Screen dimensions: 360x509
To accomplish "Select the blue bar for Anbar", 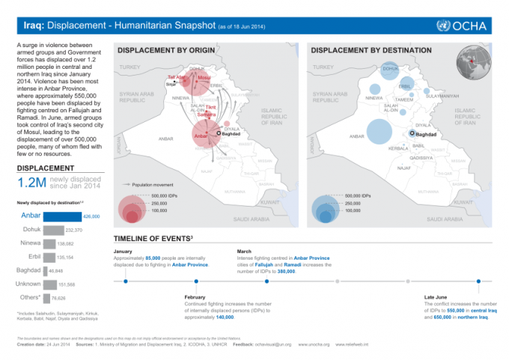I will (x=63, y=216).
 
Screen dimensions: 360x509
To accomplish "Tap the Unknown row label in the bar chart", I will (x=28, y=284).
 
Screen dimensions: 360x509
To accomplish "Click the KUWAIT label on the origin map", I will (x=269, y=202).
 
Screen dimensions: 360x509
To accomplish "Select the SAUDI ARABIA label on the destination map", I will (x=444, y=219).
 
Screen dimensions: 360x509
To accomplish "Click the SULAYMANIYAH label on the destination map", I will (x=442, y=96).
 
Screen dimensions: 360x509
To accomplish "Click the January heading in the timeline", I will (x=124, y=251).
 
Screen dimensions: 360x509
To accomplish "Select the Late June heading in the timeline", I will (x=437, y=297).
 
